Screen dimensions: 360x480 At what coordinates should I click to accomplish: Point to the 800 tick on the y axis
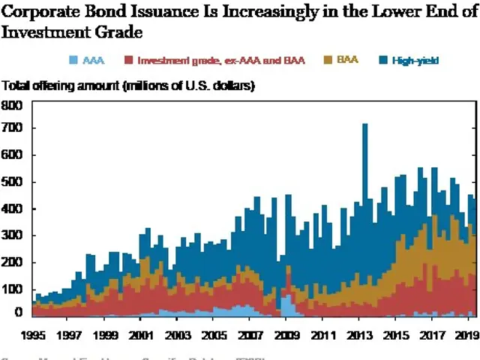click(x=13, y=105)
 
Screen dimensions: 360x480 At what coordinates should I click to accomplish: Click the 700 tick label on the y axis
click(x=13, y=128)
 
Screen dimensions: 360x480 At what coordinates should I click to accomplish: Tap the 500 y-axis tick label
click(x=13, y=182)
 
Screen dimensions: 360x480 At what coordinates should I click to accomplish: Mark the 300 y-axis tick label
click(x=13, y=235)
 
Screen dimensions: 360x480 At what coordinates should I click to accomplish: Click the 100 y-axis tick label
click(x=13, y=289)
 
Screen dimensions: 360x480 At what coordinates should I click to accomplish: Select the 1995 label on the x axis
click(x=31, y=335)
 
